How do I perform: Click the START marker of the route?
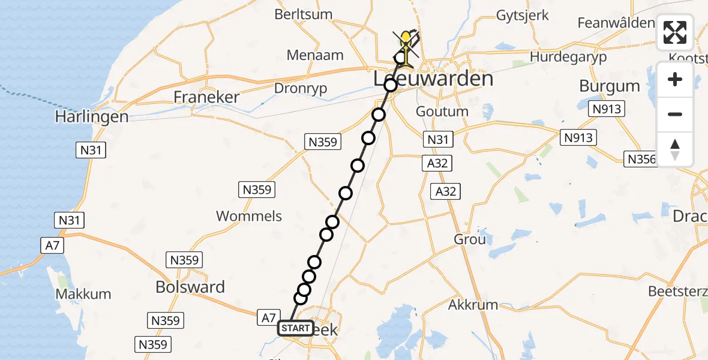(x=295, y=328)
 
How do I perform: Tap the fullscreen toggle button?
(x=675, y=32)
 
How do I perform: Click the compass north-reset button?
(x=675, y=149)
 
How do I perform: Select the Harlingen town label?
(x=92, y=116)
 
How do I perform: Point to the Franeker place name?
(x=206, y=97)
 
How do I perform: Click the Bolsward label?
(x=190, y=287)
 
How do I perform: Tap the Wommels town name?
(x=248, y=216)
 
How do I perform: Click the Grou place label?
(x=469, y=239)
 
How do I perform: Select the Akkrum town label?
(x=473, y=305)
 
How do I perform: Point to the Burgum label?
(x=609, y=86)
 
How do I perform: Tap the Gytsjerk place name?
(x=522, y=16)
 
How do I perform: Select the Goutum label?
(x=443, y=112)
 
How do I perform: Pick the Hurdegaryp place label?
(x=568, y=57)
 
